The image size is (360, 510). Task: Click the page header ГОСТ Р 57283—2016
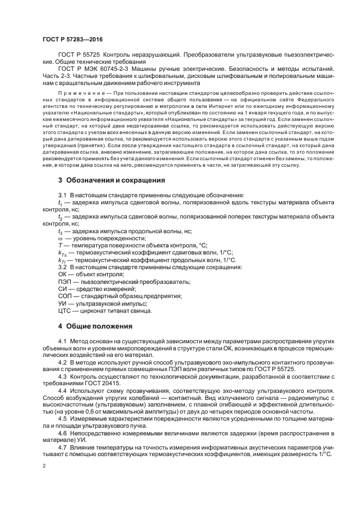point(72,40)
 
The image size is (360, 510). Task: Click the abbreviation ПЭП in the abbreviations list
point(65,281)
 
